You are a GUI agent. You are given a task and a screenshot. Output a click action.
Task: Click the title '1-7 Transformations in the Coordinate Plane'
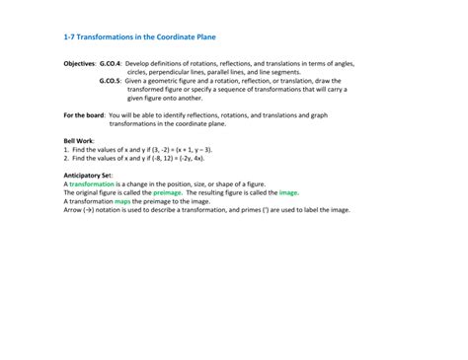click(139, 37)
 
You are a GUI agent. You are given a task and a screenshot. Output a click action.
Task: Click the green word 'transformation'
click(92, 184)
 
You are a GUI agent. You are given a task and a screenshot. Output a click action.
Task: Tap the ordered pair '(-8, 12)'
click(160, 158)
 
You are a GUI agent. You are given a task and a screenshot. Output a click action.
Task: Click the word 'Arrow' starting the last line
click(72, 210)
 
